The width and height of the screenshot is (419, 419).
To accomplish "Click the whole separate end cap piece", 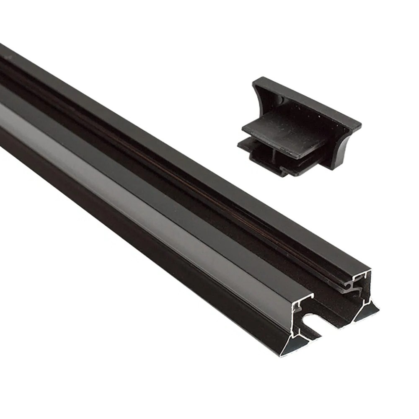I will [x=297, y=126].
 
